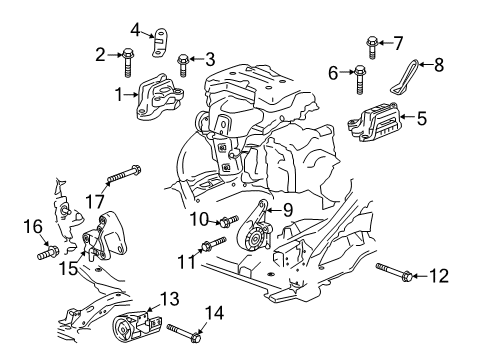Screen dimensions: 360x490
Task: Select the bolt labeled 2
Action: coord(130,62)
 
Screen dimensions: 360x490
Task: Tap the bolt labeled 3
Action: coord(184,64)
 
